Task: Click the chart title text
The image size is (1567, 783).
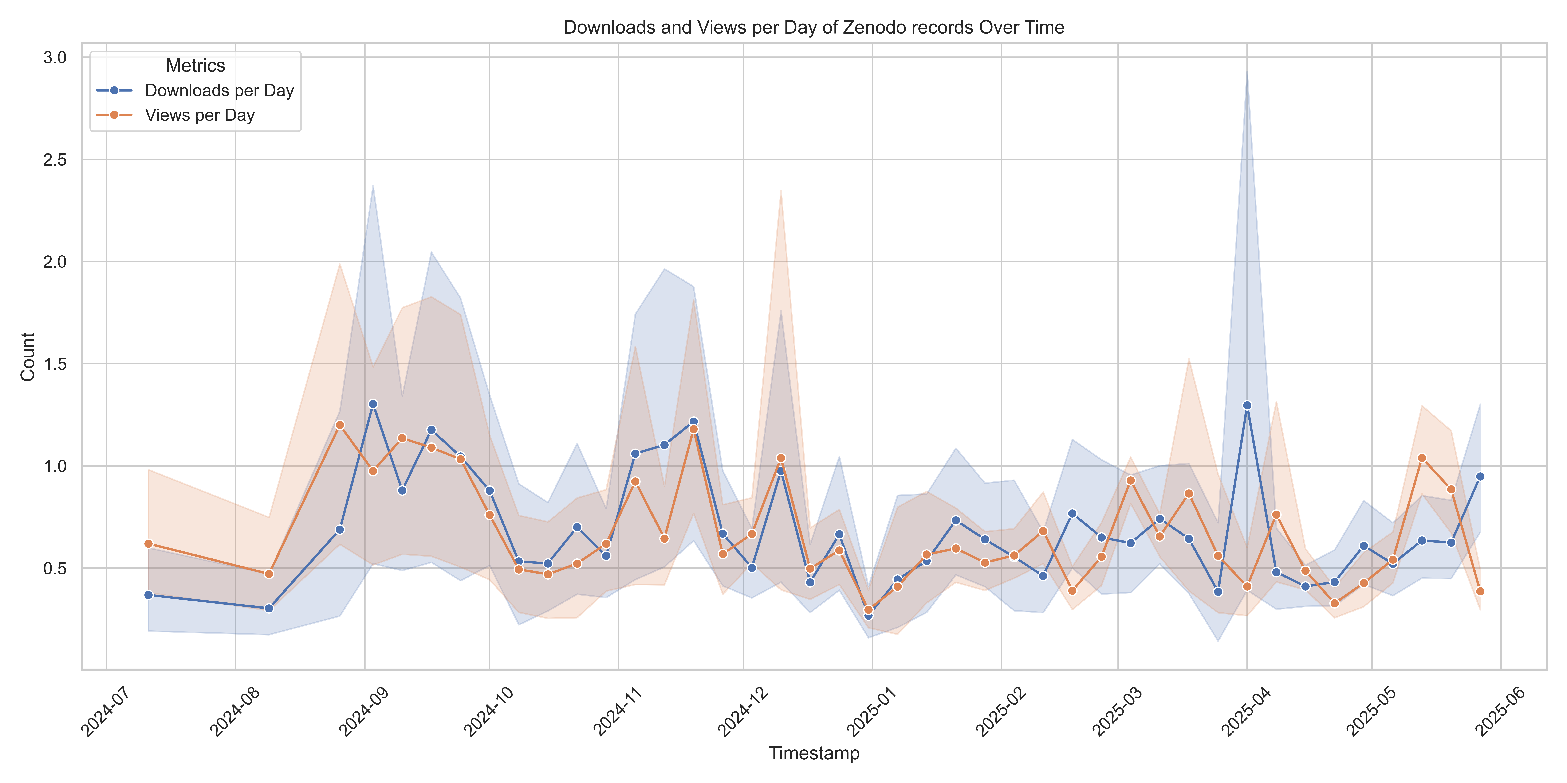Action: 814,27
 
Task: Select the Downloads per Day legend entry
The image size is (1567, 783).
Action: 195,91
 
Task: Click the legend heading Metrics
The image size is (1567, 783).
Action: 195,66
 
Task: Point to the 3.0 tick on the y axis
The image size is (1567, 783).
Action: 55,58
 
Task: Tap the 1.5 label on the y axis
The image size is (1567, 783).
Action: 55,364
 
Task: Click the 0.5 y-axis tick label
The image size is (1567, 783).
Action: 55,568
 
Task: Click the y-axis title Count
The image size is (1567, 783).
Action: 28,357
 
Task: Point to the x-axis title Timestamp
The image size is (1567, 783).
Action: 814,753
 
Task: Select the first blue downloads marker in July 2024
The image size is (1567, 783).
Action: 148,595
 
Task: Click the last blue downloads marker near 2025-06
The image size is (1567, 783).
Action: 1480,477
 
